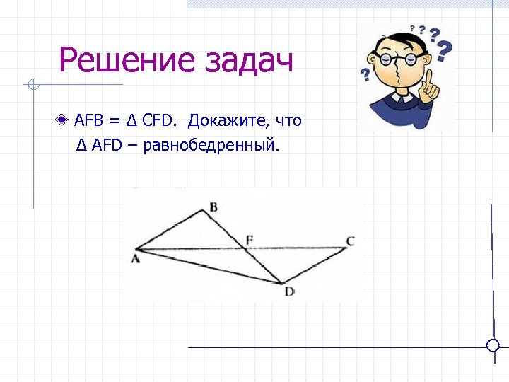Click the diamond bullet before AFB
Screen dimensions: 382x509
point(64,120)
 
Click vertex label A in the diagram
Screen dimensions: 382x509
point(136,260)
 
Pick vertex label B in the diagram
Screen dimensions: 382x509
point(213,207)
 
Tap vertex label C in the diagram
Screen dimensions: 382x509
point(350,241)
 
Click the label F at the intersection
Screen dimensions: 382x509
point(249,240)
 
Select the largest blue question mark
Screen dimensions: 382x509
point(444,50)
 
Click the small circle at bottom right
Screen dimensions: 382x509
point(493,345)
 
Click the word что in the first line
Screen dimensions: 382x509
point(288,121)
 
